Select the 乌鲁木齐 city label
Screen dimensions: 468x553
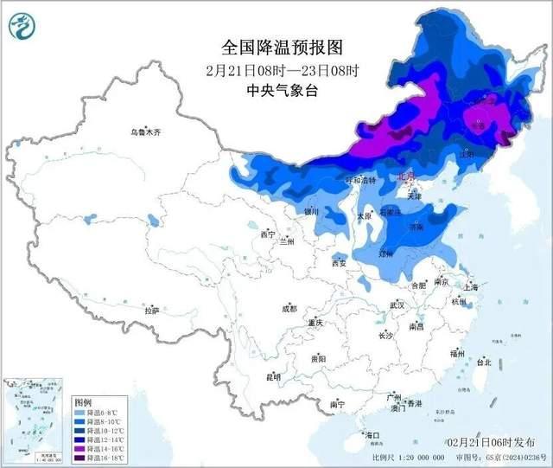tap(141, 133)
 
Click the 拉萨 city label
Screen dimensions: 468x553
tap(152, 311)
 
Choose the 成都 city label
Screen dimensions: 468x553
tap(288, 308)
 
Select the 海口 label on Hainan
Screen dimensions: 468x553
tap(372, 434)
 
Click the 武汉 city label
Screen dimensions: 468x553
tap(397, 305)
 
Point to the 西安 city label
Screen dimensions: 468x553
tap(337, 263)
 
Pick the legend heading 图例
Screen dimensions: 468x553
tap(83, 403)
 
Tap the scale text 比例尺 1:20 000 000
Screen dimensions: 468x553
tap(406, 457)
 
